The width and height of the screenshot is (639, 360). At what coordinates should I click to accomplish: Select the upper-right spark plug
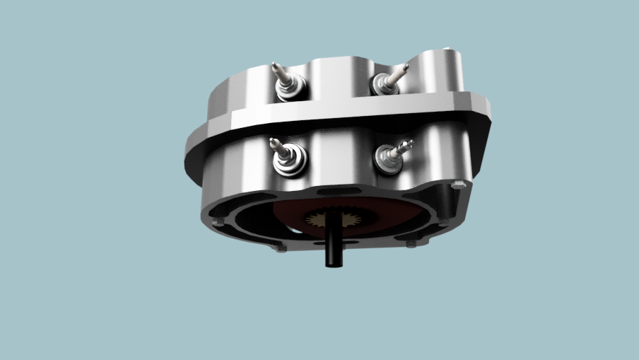[389, 80]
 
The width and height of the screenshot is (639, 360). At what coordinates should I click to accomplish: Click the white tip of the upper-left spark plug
[276, 66]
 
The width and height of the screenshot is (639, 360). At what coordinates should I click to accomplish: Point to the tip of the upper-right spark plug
[406, 66]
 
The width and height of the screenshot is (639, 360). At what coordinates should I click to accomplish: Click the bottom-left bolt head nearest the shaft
[281, 248]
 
